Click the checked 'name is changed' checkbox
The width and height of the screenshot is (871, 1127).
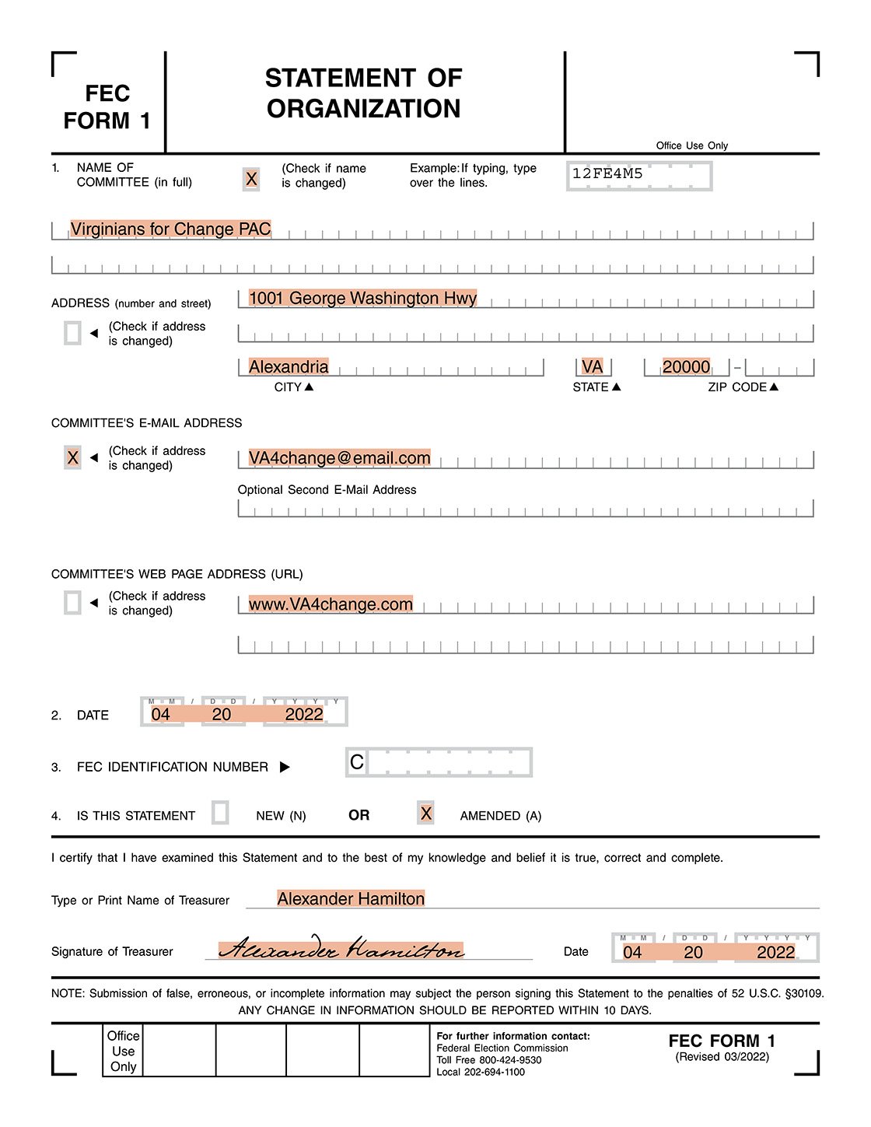tap(251, 179)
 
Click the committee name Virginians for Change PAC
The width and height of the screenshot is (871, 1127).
tap(170, 229)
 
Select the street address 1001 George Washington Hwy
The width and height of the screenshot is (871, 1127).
tap(362, 298)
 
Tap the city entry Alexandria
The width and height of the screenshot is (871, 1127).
tap(289, 366)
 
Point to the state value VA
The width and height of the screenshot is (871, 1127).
tap(592, 366)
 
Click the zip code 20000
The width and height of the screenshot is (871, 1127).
tap(686, 366)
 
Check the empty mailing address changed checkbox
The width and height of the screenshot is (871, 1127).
tap(72, 333)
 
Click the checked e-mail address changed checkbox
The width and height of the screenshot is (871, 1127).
tap(72, 457)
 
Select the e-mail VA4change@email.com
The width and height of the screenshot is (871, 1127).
tap(339, 458)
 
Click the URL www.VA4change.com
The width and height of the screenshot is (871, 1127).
tap(331, 604)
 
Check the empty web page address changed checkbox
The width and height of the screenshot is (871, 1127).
tap(72, 602)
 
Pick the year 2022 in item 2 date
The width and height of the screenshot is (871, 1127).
tap(304, 714)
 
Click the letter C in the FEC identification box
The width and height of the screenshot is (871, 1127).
tap(357, 762)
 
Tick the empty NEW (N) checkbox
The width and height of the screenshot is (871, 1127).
tap(220, 813)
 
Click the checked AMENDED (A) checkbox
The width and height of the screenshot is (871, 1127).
tap(425, 813)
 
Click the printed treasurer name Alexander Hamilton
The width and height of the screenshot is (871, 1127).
tap(351, 899)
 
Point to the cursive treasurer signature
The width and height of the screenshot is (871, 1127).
tap(341, 949)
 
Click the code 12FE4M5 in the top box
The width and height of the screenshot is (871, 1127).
tap(607, 173)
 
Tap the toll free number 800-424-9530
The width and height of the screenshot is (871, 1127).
tap(510, 1060)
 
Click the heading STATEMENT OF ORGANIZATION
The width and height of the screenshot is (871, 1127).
tap(363, 93)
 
